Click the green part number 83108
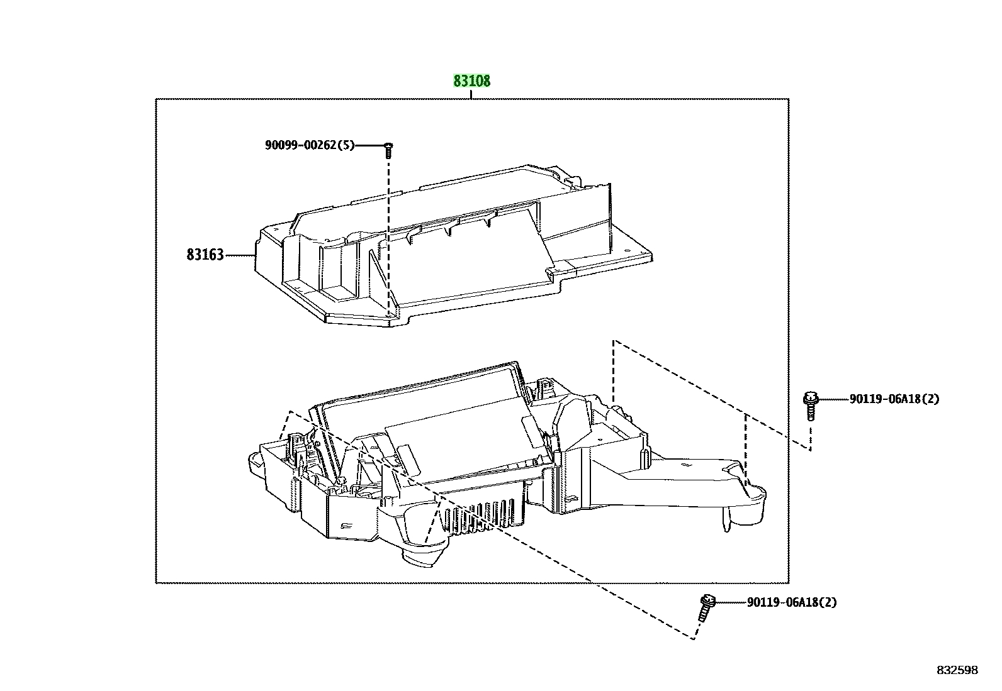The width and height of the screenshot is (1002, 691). coord(471,81)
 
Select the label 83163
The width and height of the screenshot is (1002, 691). coord(205,255)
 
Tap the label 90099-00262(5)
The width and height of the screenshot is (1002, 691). coord(310,145)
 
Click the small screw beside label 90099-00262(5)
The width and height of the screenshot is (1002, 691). coord(388,150)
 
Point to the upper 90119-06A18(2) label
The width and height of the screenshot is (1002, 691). coord(894,399)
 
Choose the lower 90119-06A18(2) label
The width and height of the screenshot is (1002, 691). coord(792,602)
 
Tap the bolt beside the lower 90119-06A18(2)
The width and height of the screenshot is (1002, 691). coord(706,608)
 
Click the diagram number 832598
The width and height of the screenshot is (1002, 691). coord(957,670)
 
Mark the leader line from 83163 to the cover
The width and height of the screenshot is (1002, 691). coord(240,255)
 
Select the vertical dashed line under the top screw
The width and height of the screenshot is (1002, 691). coord(388,237)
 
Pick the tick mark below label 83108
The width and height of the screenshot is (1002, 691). coord(471,94)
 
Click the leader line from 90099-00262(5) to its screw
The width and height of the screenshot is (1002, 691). coord(369,145)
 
